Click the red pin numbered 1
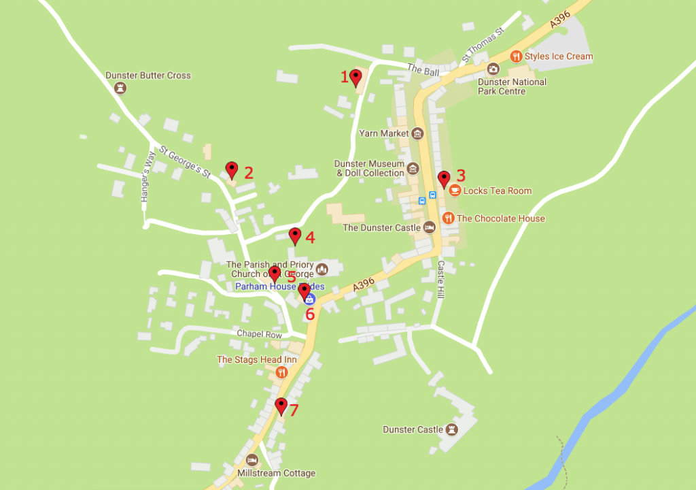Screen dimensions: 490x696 click(355, 76)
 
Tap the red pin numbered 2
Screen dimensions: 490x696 click(232, 169)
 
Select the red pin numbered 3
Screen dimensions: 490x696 click(444, 178)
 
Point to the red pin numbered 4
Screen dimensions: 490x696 click(294, 235)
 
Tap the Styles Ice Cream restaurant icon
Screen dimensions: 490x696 click(517, 56)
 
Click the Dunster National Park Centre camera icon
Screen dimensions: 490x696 click(493, 69)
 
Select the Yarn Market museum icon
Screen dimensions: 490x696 click(417, 133)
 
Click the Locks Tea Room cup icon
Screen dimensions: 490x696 click(455, 191)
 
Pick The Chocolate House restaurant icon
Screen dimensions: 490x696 click(448, 218)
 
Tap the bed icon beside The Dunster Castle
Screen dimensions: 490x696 click(429, 227)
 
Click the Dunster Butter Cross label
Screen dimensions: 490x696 click(148, 76)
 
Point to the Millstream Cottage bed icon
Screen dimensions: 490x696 click(252, 459)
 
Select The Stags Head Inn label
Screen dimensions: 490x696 click(247, 359)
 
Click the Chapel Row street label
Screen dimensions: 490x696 click(259, 334)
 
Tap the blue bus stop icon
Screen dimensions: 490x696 click(423, 200)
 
